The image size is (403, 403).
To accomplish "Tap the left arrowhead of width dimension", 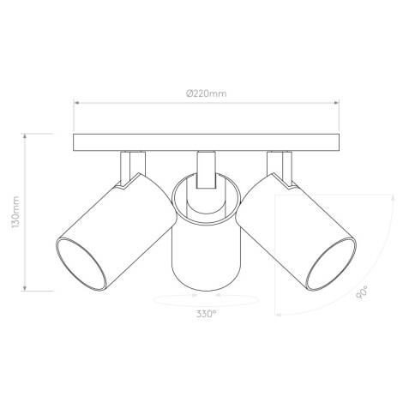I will tap(76, 102).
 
